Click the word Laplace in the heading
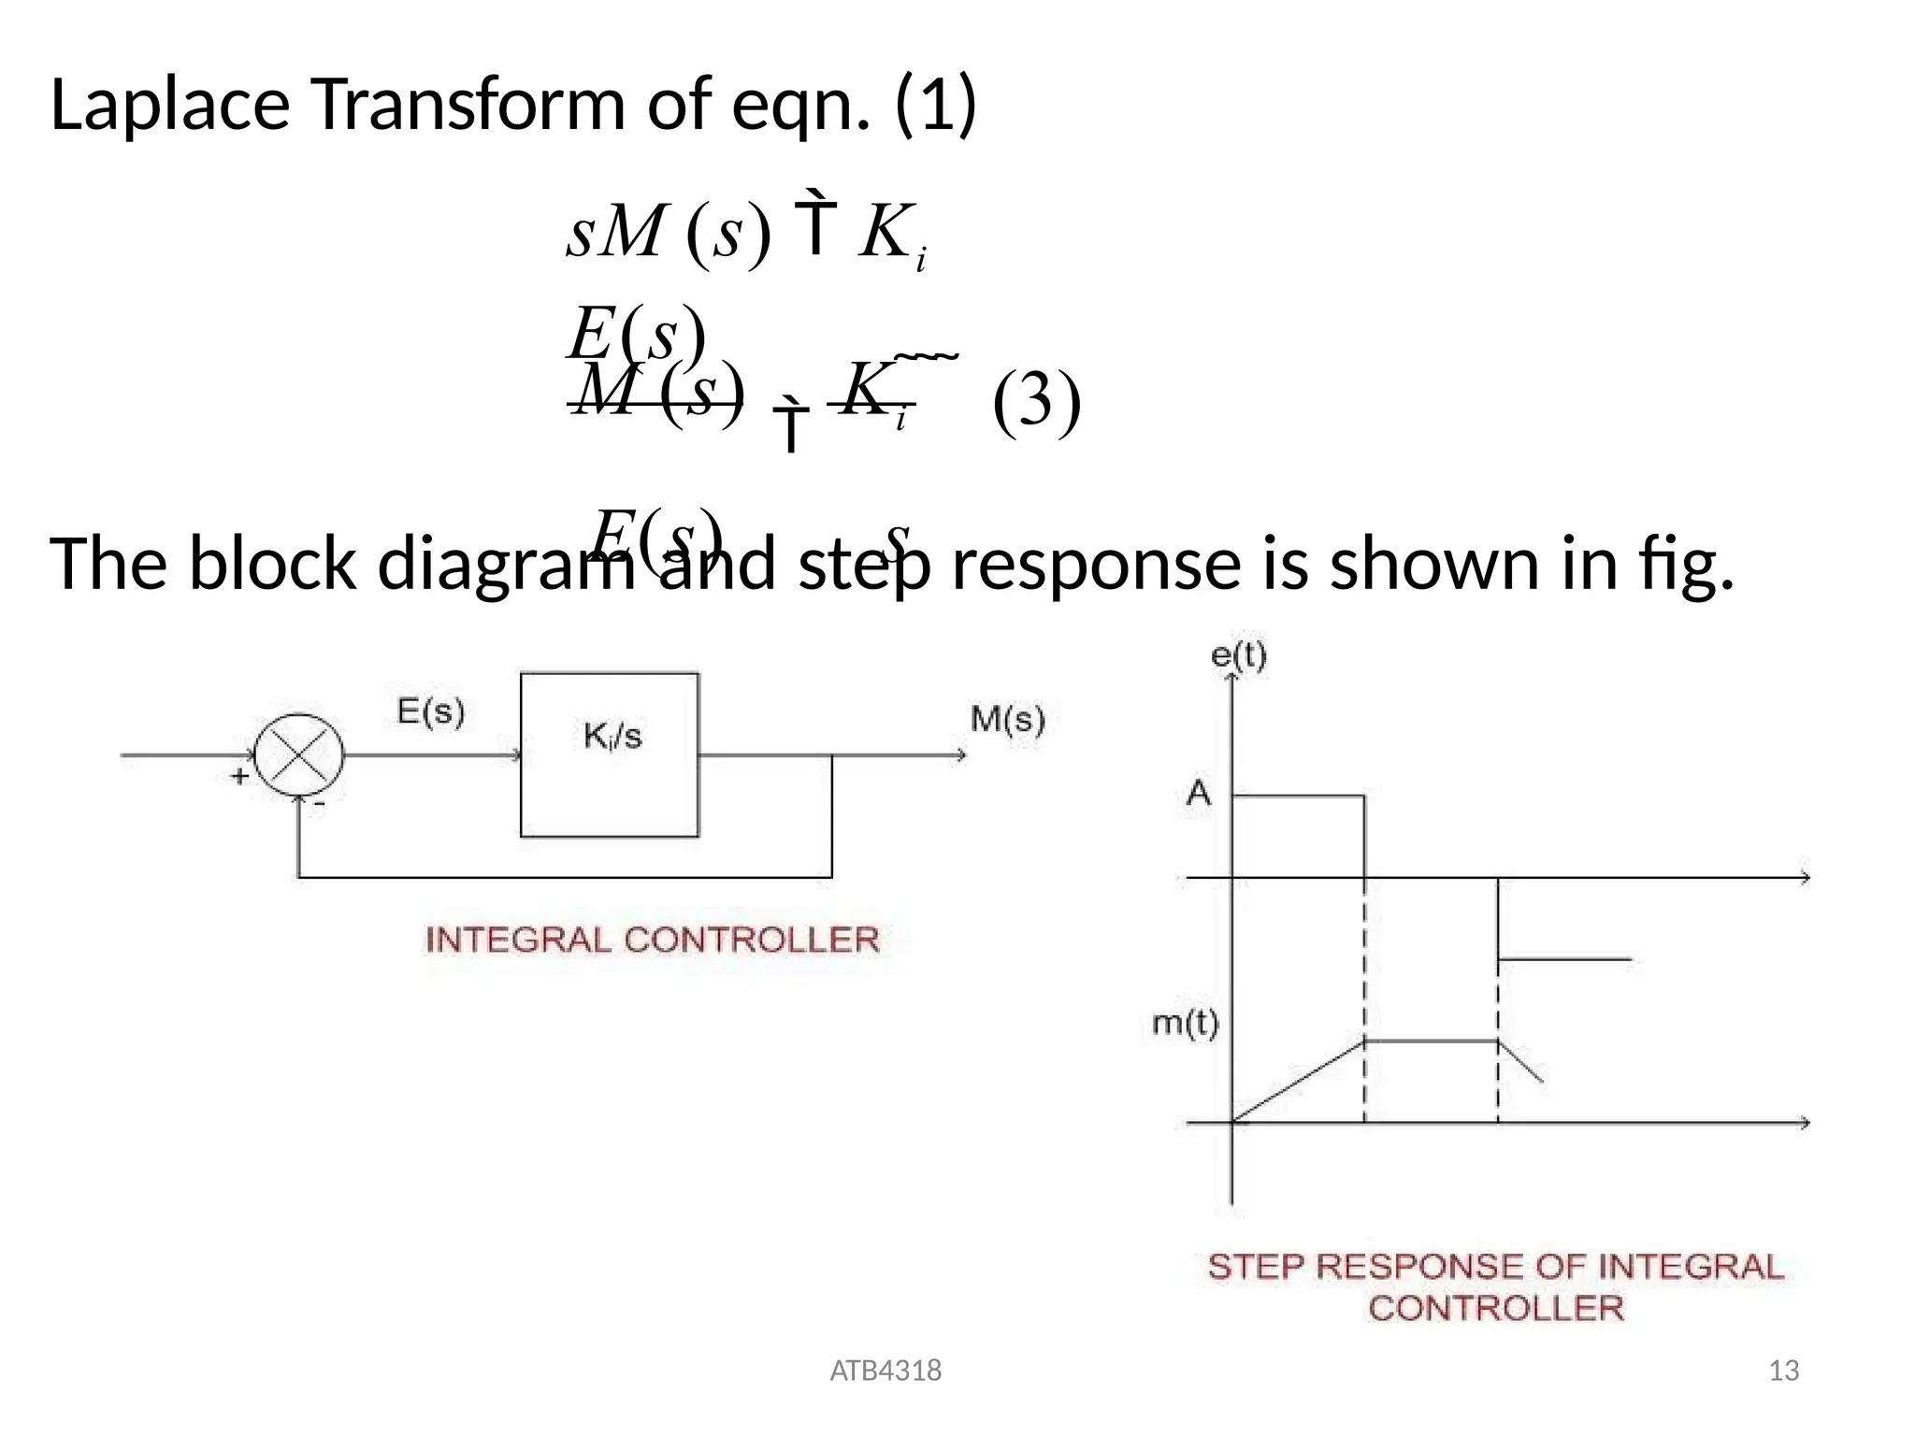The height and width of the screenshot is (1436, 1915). point(169,105)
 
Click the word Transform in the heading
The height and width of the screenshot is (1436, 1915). point(467,105)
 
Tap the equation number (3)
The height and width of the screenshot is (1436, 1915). point(1036,402)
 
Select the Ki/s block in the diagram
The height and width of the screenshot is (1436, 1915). point(610,754)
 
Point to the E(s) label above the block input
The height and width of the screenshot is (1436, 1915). point(431,712)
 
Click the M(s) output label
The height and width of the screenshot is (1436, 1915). point(1007,720)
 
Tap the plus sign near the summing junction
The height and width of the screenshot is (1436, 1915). point(239,776)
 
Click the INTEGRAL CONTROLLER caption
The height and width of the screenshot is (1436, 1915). point(652,940)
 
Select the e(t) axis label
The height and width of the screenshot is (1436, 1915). point(1238,655)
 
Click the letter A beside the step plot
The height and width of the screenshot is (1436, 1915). point(1199,795)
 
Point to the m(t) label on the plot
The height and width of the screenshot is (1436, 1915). point(1185,1025)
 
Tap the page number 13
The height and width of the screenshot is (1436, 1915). point(1784,1371)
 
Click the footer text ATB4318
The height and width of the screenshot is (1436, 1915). point(886,1371)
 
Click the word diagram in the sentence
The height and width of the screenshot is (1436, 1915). point(505,565)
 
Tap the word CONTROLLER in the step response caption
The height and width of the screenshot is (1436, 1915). point(1496,1308)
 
